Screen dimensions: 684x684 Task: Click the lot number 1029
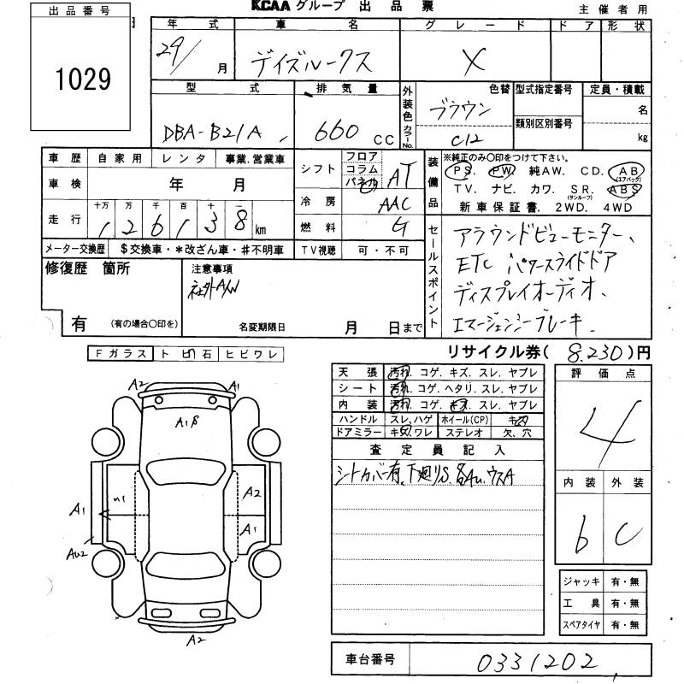pyautogui.click(x=84, y=80)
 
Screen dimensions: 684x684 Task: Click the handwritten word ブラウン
pyautogui.click(x=468, y=113)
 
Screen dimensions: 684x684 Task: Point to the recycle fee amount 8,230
pyautogui.click(x=591, y=351)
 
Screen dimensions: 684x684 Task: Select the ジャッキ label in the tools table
pyautogui.click(x=581, y=581)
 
